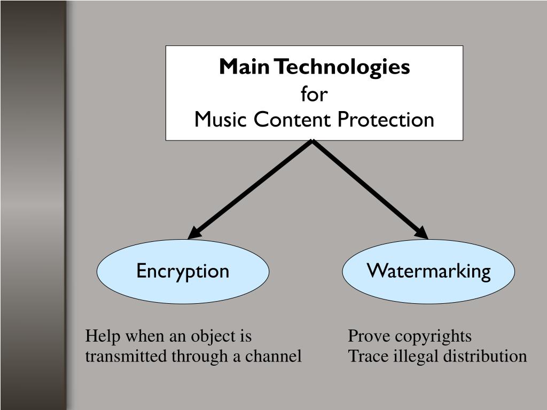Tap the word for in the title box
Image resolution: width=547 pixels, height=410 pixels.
coord(314,94)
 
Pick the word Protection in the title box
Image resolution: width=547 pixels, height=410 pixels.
coord(386,120)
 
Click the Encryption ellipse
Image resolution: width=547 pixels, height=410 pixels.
coord(183,271)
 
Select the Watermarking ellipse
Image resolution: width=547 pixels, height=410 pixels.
coord(428,271)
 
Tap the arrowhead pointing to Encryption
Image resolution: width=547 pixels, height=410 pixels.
coord(194,233)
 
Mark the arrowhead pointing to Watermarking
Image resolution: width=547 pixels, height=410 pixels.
coord(421,233)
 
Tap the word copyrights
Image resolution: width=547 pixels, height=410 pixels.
coord(434,337)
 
